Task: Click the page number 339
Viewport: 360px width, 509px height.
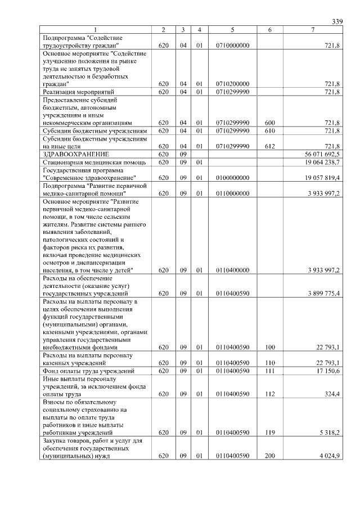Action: pyautogui.click(x=337, y=21)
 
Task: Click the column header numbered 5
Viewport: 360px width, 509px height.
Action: pyautogui.click(x=232, y=29)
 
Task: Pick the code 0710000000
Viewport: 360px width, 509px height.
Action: pyautogui.click(x=232, y=45)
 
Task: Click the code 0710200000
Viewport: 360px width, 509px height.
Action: pyautogui.click(x=232, y=84)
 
